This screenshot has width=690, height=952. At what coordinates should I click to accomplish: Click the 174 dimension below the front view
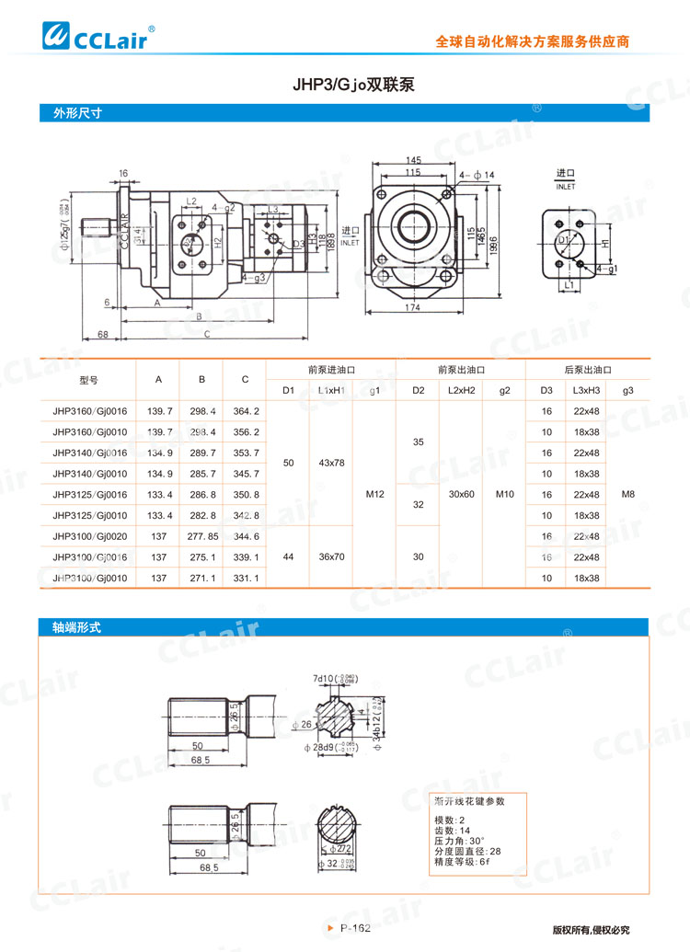coord(413,308)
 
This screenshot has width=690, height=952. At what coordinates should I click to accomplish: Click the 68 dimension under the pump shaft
coord(103,334)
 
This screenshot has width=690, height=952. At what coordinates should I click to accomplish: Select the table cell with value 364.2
coord(245,410)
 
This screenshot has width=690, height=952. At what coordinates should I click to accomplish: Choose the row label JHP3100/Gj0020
coord(90,536)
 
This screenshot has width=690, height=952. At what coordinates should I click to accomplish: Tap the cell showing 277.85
coord(201,536)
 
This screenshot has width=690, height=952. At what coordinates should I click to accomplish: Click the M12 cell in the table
coord(374,494)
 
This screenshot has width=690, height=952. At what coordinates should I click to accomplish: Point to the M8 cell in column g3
coord(628,494)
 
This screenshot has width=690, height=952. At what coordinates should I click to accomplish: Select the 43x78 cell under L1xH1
coord(331,463)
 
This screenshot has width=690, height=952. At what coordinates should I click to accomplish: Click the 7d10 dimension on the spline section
coord(323,679)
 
